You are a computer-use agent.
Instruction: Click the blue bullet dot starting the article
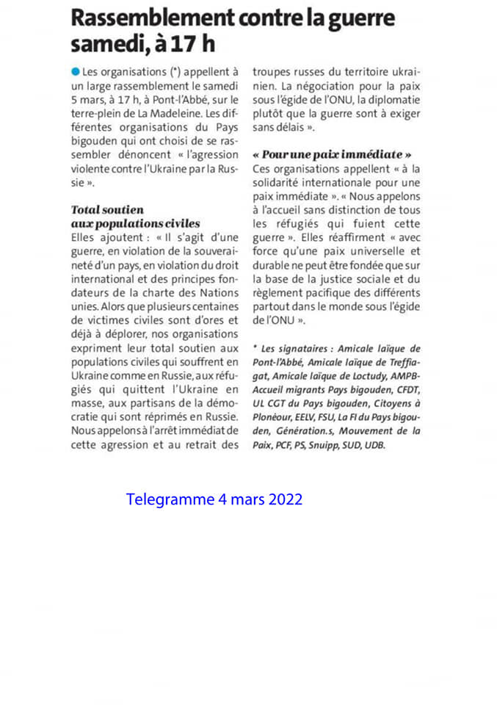coord(76,72)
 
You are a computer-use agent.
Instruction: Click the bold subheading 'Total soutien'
coord(107,209)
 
